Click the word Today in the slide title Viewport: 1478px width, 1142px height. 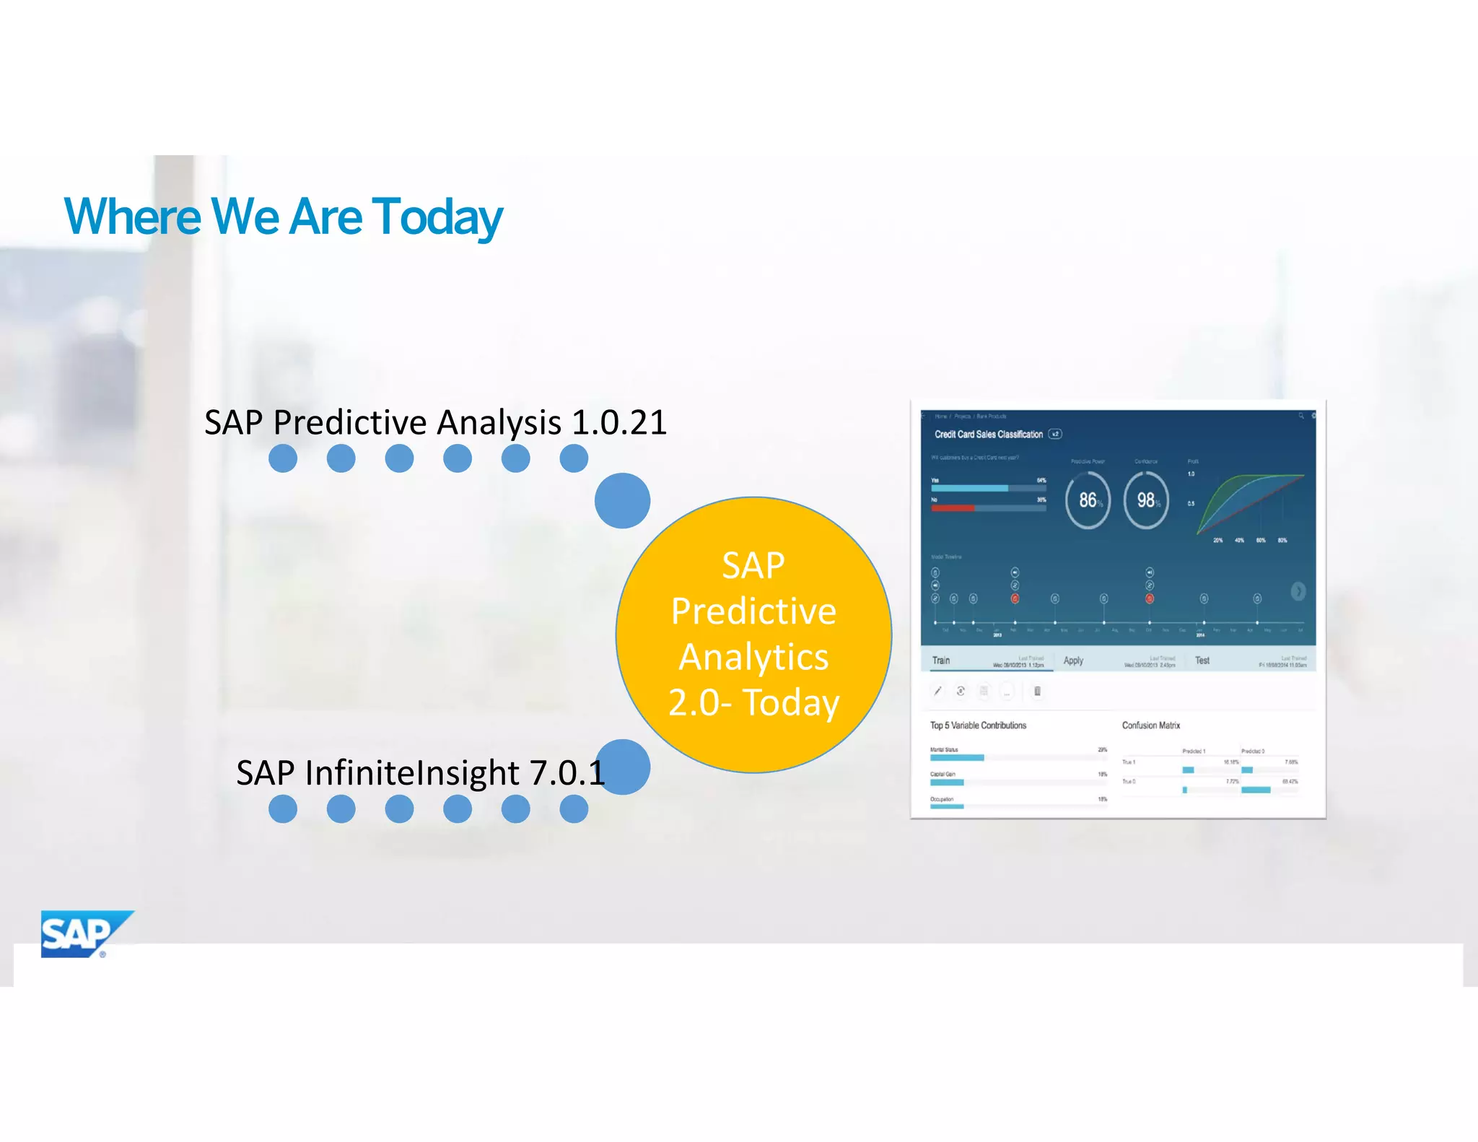437,217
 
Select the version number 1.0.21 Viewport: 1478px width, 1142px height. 619,422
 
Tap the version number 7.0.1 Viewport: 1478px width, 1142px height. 567,773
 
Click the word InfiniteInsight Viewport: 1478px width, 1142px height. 412,773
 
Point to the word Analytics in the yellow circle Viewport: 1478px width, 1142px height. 753,657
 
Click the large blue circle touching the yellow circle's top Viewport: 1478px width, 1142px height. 622,500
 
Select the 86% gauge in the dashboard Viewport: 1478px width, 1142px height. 1088,500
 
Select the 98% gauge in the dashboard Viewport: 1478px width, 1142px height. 1146,500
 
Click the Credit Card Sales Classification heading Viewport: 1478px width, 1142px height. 988,435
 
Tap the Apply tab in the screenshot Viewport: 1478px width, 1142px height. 1073,661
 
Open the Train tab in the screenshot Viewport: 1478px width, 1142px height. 941,661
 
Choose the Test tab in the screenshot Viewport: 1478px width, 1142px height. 1202,661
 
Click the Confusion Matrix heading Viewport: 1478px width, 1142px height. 1151,725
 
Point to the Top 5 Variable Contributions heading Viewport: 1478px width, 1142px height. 978,725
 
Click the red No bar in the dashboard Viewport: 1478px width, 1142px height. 953,508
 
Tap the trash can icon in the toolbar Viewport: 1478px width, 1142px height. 1037,692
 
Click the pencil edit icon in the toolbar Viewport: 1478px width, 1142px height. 937,692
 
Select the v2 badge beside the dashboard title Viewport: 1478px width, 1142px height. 1055,435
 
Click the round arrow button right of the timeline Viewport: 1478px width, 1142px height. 1298,591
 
